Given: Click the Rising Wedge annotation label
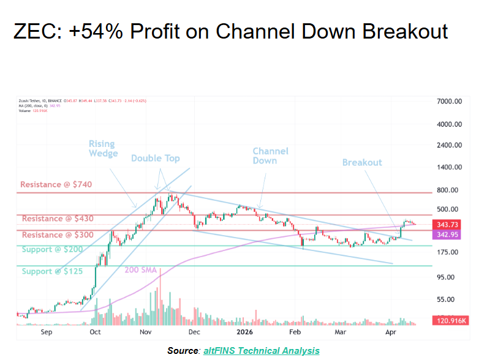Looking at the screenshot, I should [x=102, y=149].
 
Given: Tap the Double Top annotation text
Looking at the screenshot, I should [x=156, y=159].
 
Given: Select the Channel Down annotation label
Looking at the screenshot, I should [x=270, y=156].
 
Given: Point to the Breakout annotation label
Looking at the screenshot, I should [x=362, y=162].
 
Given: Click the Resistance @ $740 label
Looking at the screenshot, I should [x=56, y=184].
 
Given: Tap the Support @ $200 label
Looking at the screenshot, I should [x=52, y=250].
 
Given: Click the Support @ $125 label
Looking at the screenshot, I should [x=52, y=271].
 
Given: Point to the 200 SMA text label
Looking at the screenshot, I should [x=141, y=270].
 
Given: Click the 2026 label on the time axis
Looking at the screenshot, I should [x=245, y=331].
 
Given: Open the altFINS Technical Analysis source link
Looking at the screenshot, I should [x=260, y=350].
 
